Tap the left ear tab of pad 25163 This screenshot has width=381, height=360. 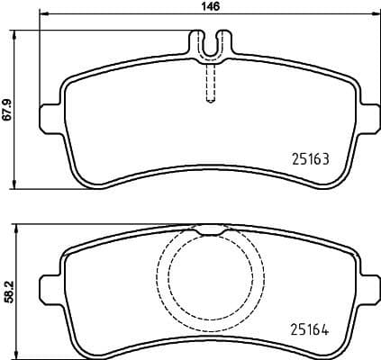tap(50, 116)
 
